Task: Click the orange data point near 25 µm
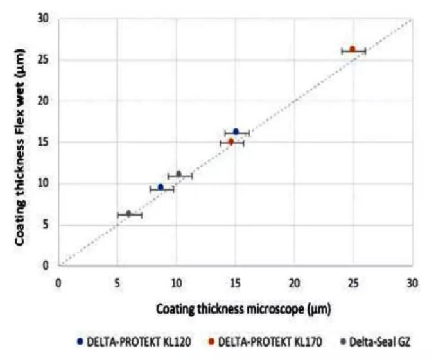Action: (x=352, y=49)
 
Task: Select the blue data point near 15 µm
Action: (x=236, y=132)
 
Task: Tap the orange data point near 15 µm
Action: (x=231, y=142)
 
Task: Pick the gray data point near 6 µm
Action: (x=128, y=214)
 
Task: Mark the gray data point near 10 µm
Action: (x=179, y=174)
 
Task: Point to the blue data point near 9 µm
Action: (x=161, y=187)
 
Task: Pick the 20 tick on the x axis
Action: (x=295, y=281)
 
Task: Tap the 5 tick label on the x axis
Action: (x=117, y=281)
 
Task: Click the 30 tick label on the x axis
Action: (x=412, y=281)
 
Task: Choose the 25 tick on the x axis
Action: (x=353, y=281)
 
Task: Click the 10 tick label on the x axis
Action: (x=176, y=281)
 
